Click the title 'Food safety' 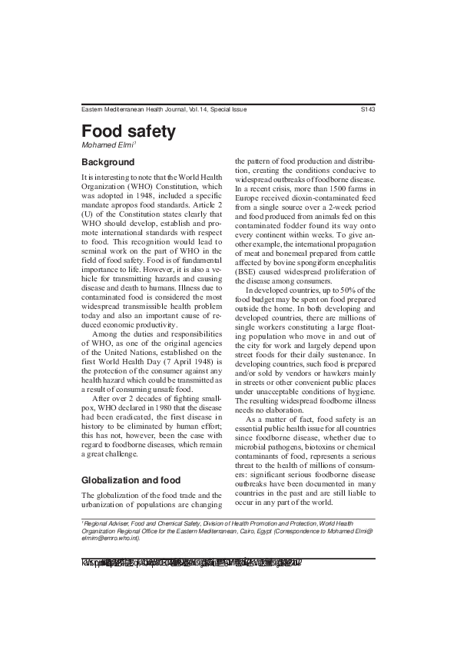pos(128,131)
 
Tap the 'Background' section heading pos(108,163)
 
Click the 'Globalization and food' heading pos(131,480)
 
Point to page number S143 pos(367,110)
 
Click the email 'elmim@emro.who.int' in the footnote pos(110,536)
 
